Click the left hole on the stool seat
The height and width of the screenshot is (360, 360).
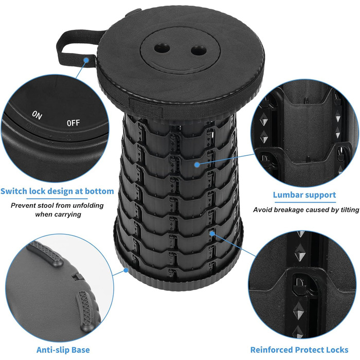pyautogui.click(x=162, y=48)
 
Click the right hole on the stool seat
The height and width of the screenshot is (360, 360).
pyautogui.click(x=199, y=51)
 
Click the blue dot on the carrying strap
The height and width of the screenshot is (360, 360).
pyautogui.click(x=86, y=60)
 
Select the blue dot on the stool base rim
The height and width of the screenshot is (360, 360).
pyautogui.click(x=126, y=270)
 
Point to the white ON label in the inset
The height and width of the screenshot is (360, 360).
pyautogui.click(x=37, y=115)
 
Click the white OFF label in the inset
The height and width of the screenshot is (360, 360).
pyautogui.click(x=73, y=123)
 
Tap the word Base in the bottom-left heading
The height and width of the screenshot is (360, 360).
pyautogui.click(x=80, y=350)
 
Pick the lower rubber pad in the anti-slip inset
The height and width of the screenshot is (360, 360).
pyautogui.click(x=85, y=311)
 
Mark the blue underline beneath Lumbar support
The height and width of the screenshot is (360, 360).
pyautogui.click(x=305, y=203)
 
